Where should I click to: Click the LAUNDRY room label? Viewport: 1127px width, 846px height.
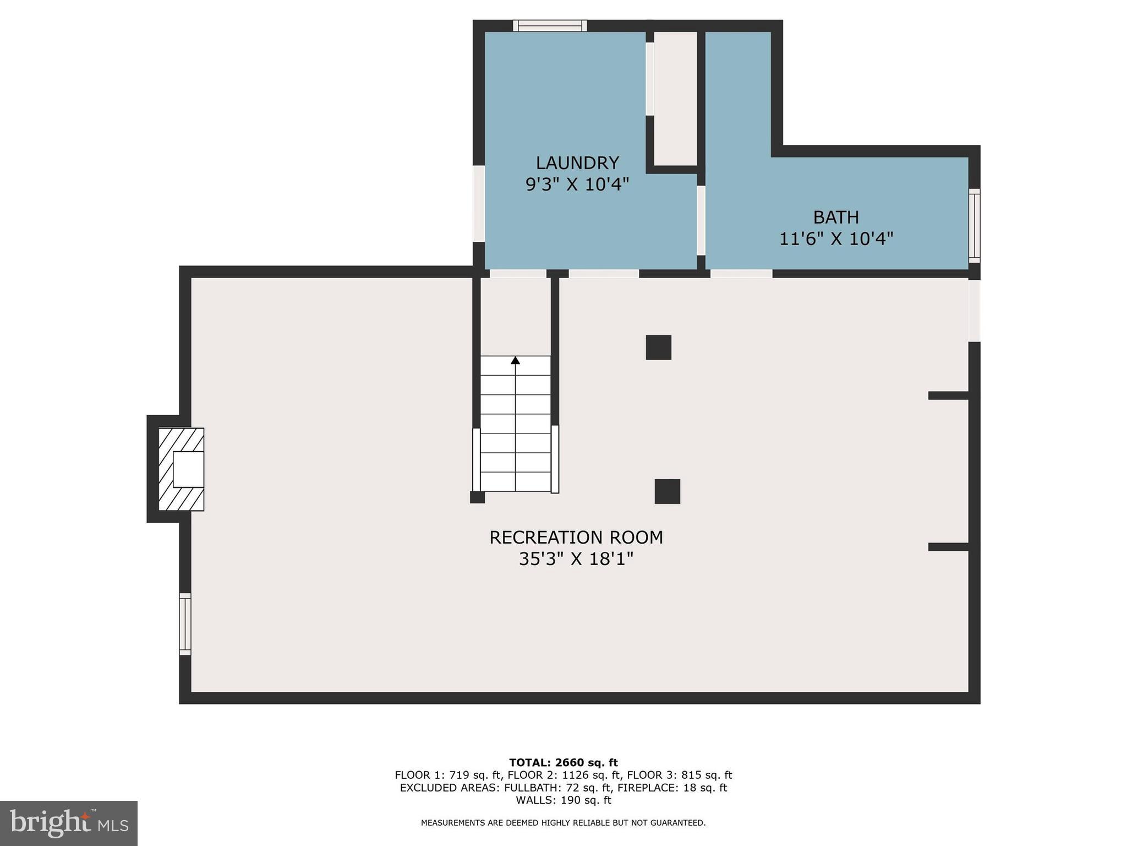pyautogui.click(x=577, y=163)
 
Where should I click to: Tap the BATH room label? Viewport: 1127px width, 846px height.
pyautogui.click(x=836, y=218)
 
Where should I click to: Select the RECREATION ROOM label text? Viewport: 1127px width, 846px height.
pyautogui.click(x=576, y=538)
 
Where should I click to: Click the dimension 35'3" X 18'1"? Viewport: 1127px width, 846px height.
pyautogui.click(x=576, y=560)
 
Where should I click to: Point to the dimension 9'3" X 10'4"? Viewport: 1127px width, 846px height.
pyautogui.click(x=577, y=185)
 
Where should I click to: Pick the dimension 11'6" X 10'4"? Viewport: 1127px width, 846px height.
pyautogui.click(x=836, y=239)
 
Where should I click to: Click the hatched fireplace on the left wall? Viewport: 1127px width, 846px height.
pyautogui.click(x=181, y=469)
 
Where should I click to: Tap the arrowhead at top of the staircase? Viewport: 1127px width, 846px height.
pyautogui.click(x=515, y=360)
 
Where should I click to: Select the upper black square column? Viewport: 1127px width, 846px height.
pyautogui.click(x=658, y=348)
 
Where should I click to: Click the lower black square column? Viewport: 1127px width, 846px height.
pyautogui.click(x=667, y=491)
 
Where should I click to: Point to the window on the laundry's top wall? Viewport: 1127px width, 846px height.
pyautogui.click(x=550, y=26)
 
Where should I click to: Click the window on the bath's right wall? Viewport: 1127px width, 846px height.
pyautogui.click(x=974, y=226)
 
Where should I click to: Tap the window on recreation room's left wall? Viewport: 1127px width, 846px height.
pyautogui.click(x=185, y=624)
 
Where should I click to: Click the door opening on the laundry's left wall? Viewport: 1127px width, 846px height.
pyautogui.click(x=479, y=204)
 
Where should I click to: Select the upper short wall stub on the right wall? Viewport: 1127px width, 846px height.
pyautogui.click(x=948, y=395)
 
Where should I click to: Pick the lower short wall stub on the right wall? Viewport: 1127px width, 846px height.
pyautogui.click(x=948, y=547)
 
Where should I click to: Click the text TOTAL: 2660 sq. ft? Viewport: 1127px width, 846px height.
pyautogui.click(x=563, y=763)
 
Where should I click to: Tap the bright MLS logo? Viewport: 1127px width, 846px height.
pyautogui.click(x=69, y=823)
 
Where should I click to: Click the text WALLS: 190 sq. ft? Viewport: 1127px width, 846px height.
pyautogui.click(x=563, y=800)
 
